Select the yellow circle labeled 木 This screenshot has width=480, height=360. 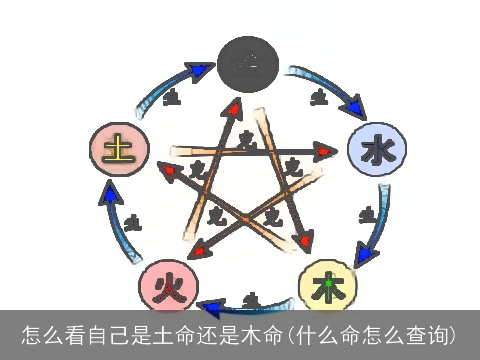point(327,287)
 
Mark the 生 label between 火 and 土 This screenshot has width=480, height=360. point(133,222)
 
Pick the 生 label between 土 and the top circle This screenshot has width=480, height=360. point(170,98)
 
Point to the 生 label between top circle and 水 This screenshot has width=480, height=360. point(318,97)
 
